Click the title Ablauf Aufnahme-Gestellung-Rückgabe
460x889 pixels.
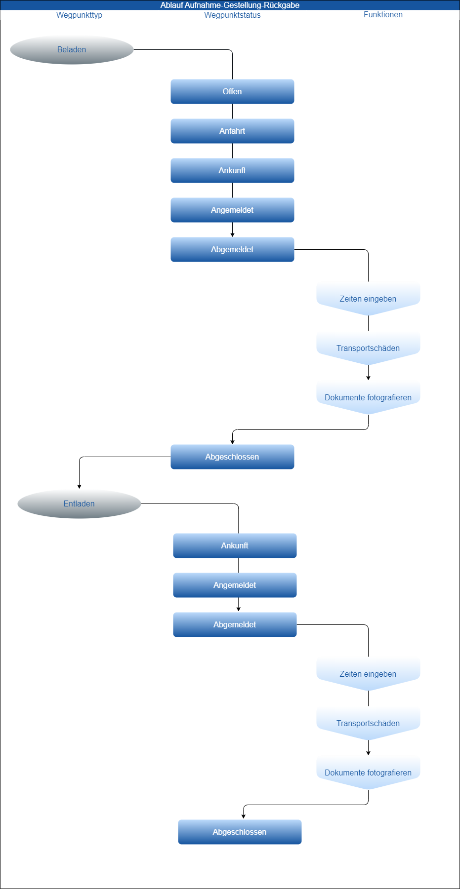tap(230, 5)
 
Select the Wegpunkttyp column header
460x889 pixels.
tap(79, 15)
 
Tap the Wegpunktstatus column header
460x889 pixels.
tap(232, 15)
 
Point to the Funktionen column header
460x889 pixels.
tap(383, 15)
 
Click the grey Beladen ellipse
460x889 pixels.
tap(72, 49)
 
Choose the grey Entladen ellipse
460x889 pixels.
tap(79, 503)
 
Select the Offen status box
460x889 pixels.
tap(232, 91)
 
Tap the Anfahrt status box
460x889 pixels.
tap(232, 131)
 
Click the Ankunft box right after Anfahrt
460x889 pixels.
tap(232, 170)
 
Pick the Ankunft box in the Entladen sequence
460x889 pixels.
tap(235, 545)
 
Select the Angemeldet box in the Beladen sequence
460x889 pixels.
tap(232, 210)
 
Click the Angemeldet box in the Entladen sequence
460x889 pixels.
tap(235, 585)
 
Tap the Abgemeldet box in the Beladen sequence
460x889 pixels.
tap(232, 249)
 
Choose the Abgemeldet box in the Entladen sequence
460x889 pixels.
tap(235, 624)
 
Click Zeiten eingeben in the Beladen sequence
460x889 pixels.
tap(368, 298)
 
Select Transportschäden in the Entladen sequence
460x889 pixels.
tap(368, 723)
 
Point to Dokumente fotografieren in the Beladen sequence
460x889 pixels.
tap(368, 397)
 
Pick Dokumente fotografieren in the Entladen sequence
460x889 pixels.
tap(368, 772)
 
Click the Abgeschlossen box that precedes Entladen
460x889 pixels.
tap(232, 457)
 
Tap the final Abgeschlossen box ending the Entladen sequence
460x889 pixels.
tap(240, 832)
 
